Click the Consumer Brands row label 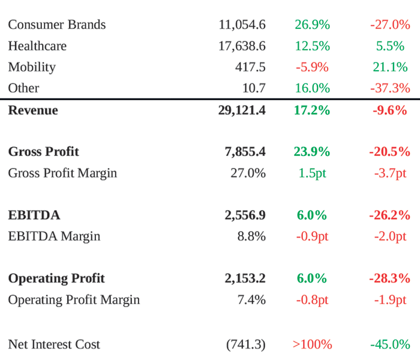(56, 25)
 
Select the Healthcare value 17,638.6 (242, 46)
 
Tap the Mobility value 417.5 (250, 67)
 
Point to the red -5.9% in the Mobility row (312, 67)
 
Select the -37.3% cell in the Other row (390, 88)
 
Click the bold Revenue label (33, 110)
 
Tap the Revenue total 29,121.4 (242, 110)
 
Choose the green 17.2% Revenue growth (312, 110)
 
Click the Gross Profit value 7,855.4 (245, 152)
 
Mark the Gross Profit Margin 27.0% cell (248, 173)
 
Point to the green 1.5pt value (312, 173)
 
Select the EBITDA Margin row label (54, 236)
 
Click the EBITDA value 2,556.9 (245, 215)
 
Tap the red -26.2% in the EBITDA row (389, 215)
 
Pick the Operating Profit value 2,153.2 (245, 278)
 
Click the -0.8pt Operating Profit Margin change (312, 299)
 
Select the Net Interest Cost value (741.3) (246, 344)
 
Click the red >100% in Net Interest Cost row (312, 344)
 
